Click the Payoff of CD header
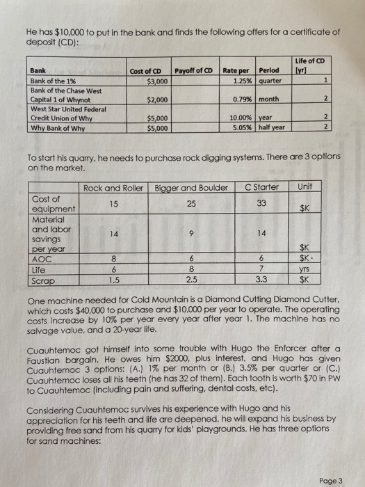click(195, 71)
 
